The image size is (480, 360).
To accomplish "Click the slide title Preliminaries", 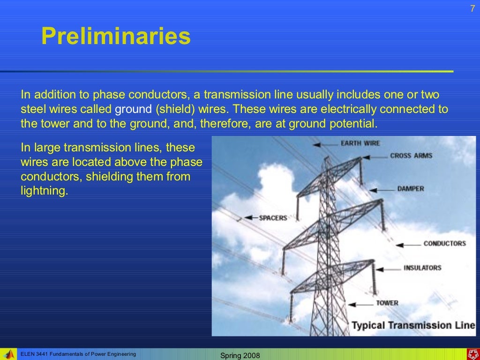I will [116, 36].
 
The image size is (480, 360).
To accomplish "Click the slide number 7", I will [472, 8].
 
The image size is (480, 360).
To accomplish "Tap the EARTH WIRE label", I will [360, 143].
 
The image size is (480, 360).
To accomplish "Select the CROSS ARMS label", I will [411, 156].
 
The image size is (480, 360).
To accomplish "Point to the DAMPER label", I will [411, 188].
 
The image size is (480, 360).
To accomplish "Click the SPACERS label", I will [273, 218].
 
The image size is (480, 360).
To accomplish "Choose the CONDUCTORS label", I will [444, 243].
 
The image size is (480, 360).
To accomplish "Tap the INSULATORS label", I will [422, 268].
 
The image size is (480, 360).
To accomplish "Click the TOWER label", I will [387, 303].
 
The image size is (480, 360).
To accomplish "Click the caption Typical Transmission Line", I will [413, 325].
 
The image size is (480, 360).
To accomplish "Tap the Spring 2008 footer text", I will [240, 356].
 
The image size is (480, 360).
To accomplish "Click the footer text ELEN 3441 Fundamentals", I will [78, 354].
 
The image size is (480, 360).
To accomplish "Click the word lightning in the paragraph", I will [45, 191].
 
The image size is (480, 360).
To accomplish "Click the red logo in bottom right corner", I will [472, 354].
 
